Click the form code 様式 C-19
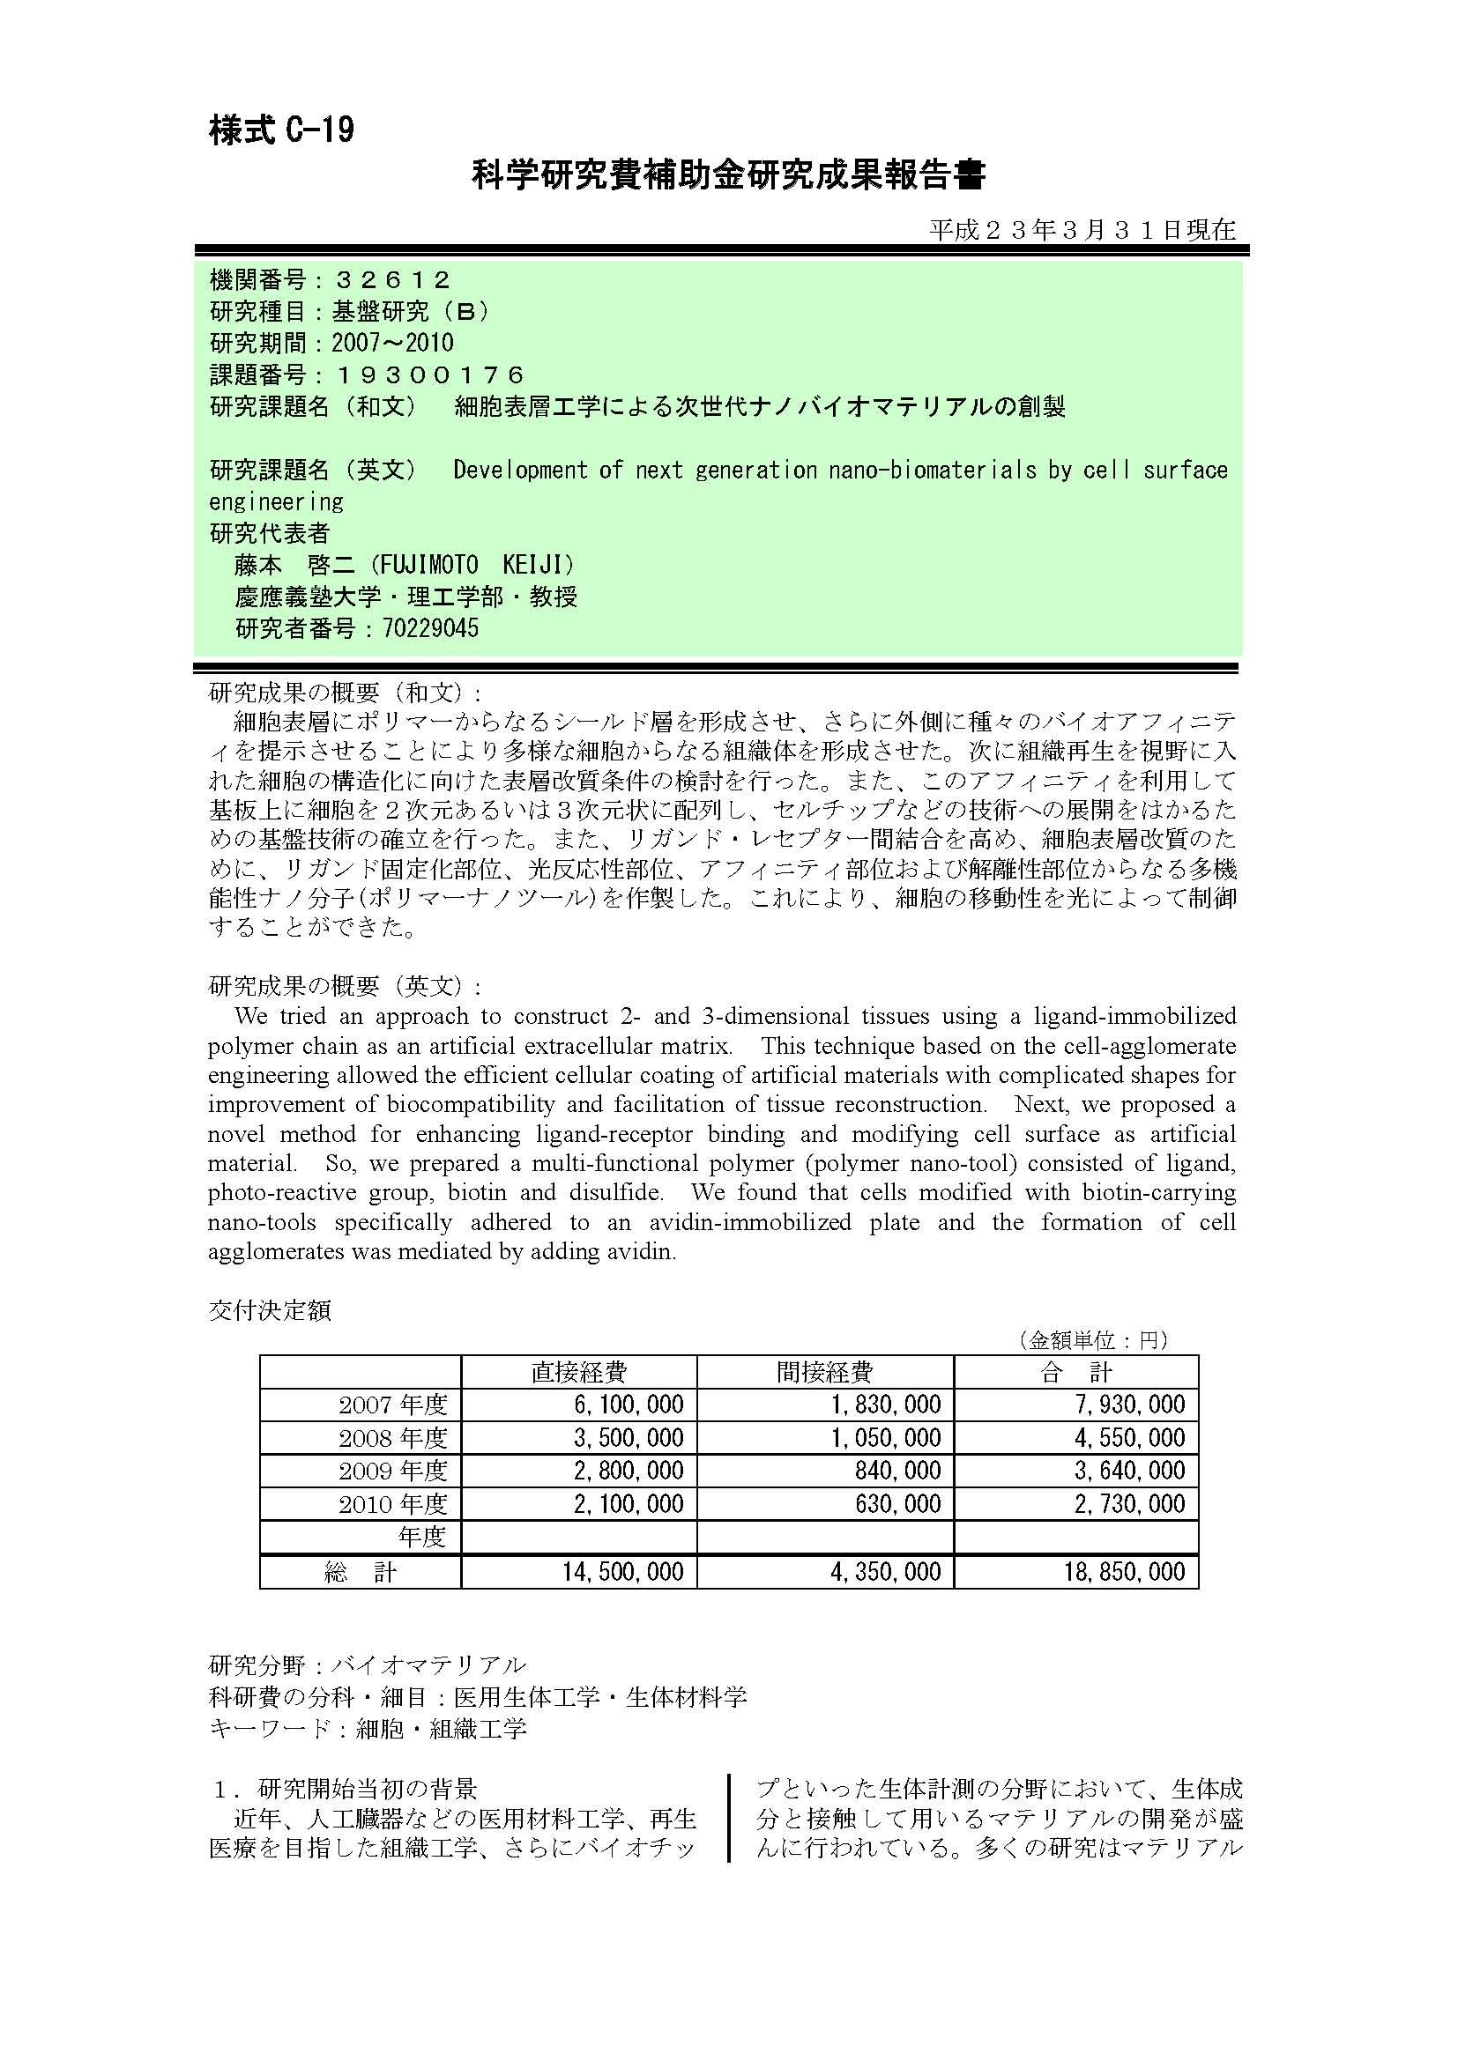(281, 131)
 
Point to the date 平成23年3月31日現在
(1082, 231)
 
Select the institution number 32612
(391, 280)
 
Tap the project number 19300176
(429, 374)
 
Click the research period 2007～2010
(392, 343)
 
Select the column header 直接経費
(578, 1372)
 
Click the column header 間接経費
(824, 1372)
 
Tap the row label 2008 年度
(392, 1438)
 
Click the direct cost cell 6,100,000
(629, 1405)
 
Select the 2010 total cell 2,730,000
(1129, 1504)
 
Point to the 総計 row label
(360, 1572)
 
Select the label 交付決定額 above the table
(270, 1310)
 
